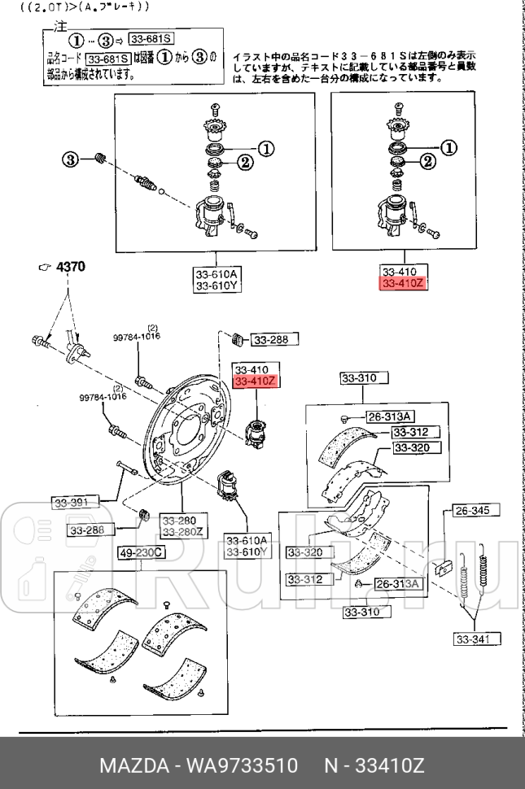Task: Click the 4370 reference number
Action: [x=70, y=266]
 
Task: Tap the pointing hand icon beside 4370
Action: [x=46, y=267]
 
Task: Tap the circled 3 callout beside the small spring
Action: [x=71, y=159]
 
